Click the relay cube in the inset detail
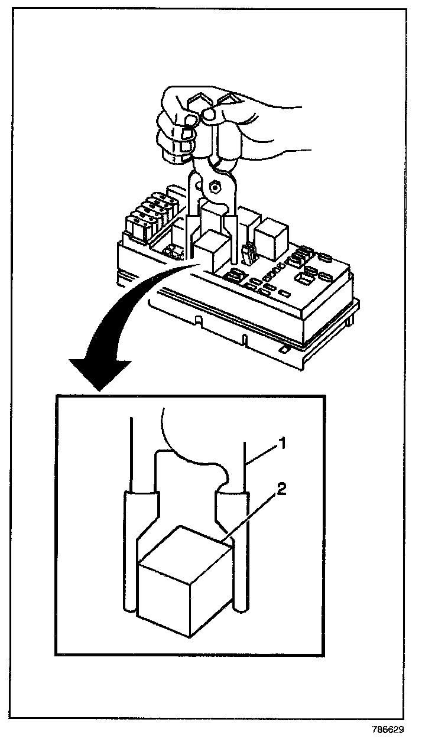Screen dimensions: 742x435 [x=183, y=591]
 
